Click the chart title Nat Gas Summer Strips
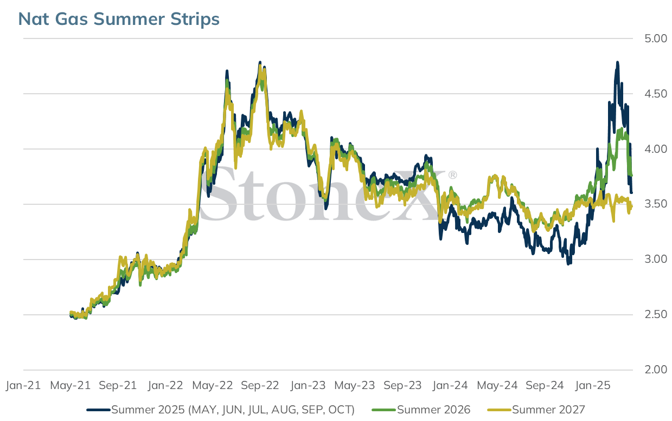tap(119, 19)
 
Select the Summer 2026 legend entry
tap(421, 410)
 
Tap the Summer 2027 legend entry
tap(536, 410)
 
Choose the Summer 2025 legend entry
tap(221, 410)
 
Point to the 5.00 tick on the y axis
tap(656, 38)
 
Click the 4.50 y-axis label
tap(656, 94)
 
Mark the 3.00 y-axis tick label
tap(656, 259)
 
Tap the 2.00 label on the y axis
tap(656, 370)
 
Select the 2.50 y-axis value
tap(656, 315)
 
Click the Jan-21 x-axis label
tap(23, 385)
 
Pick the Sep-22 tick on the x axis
tap(260, 385)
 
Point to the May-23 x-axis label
tap(355, 385)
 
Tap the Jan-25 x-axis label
tap(592, 385)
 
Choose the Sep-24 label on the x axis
tap(545, 385)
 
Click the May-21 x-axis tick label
tap(70, 385)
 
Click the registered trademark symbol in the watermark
tap(453, 174)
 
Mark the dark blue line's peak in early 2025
tap(617, 62)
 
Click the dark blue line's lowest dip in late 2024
tap(568, 264)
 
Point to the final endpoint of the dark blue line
tap(631, 193)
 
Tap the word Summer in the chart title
tap(129, 19)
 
